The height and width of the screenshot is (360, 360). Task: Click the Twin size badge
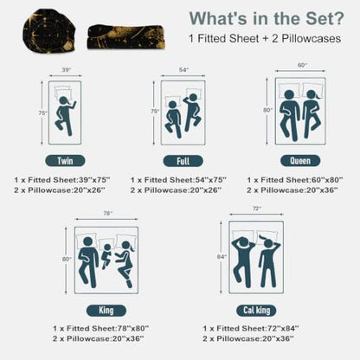pyautogui.click(x=65, y=161)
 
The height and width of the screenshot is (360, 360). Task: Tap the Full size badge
pyautogui.click(x=183, y=161)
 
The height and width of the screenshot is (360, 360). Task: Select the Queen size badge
pyautogui.click(x=300, y=161)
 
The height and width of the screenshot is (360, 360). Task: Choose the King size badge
pyautogui.click(x=106, y=311)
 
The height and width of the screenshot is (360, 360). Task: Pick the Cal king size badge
pyautogui.click(x=256, y=311)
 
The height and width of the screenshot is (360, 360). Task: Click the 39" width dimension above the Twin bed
pyautogui.click(x=67, y=70)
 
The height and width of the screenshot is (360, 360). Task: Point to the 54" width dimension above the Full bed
pyautogui.click(x=183, y=70)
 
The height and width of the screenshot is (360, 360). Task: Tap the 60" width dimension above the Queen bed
pyautogui.click(x=301, y=65)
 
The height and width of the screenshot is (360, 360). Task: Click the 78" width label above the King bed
pyautogui.click(x=108, y=213)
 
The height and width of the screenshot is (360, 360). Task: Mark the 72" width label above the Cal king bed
pyautogui.click(x=257, y=209)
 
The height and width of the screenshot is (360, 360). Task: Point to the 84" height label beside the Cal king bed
pyautogui.click(x=222, y=256)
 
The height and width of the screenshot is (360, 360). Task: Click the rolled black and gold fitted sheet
pyautogui.click(x=49, y=31)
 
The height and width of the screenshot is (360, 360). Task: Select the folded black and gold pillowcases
pyautogui.click(x=126, y=37)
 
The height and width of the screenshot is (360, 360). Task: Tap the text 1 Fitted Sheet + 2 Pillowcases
pyautogui.click(x=265, y=39)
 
